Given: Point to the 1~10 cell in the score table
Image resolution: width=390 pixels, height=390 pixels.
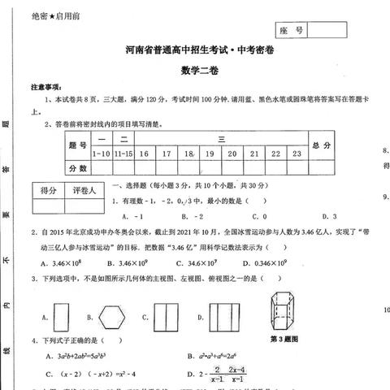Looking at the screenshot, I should [101, 152].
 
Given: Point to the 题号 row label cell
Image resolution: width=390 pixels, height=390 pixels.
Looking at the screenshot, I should [78, 145].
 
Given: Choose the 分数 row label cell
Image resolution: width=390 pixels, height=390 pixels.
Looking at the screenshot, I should [78, 167].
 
